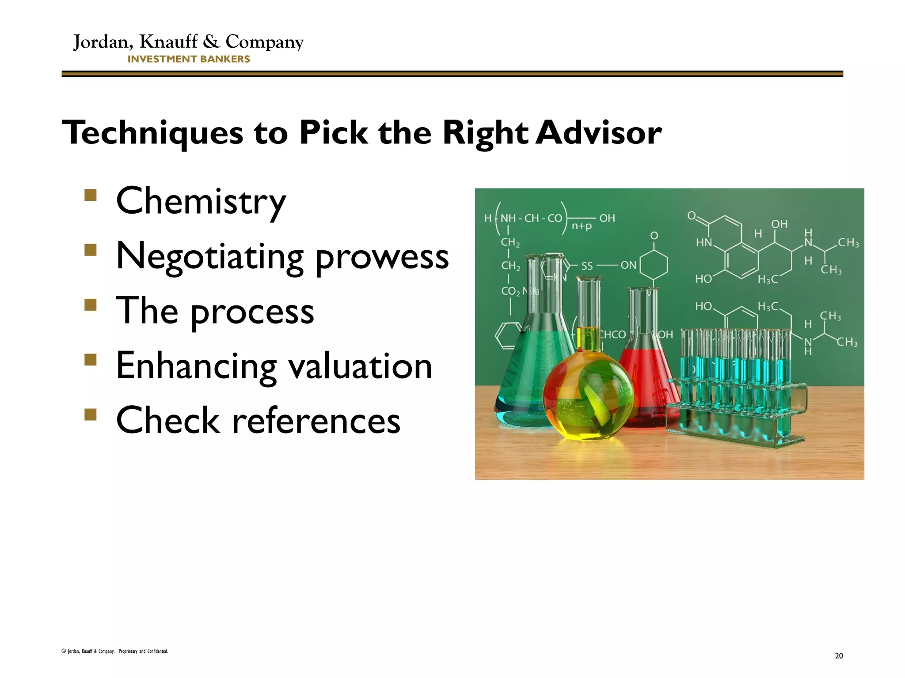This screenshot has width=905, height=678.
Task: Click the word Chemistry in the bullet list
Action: click(x=201, y=202)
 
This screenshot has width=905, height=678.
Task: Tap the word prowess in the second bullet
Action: click(x=382, y=257)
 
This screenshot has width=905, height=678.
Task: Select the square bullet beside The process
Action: click(x=90, y=305)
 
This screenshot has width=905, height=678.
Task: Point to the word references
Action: click(x=316, y=421)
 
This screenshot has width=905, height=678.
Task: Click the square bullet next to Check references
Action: click(x=90, y=414)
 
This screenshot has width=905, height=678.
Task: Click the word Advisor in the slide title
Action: click(x=599, y=132)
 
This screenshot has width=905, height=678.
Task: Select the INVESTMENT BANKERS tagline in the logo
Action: click(x=189, y=59)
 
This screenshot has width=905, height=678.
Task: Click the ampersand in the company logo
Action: click(x=211, y=42)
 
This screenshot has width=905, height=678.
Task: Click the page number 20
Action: click(x=839, y=655)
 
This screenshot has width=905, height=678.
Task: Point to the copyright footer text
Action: click(x=115, y=651)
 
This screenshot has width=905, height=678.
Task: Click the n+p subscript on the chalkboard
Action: click(x=582, y=226)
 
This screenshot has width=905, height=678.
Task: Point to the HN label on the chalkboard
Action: click(x=704, y=242)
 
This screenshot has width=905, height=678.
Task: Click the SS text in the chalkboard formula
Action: click(x=587, y=266)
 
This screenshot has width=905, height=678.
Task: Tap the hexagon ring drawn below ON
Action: click(x=654, y=265)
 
